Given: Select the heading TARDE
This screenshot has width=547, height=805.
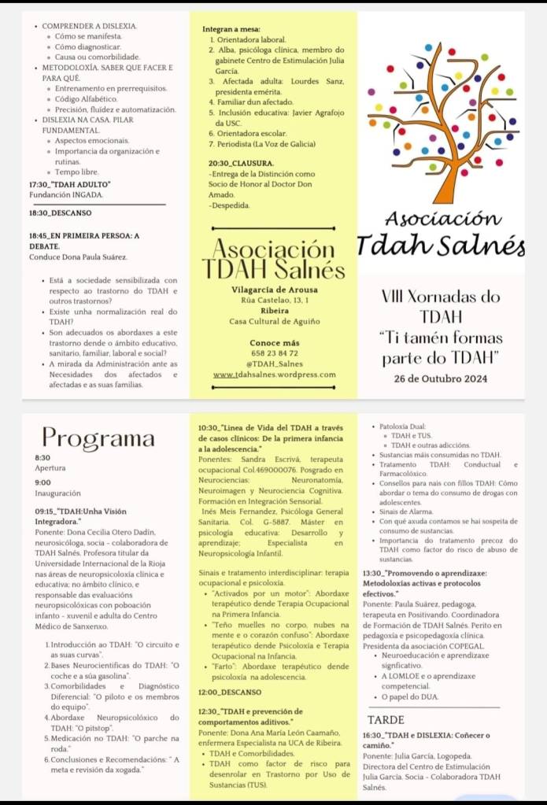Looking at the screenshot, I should tap(386, 719).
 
